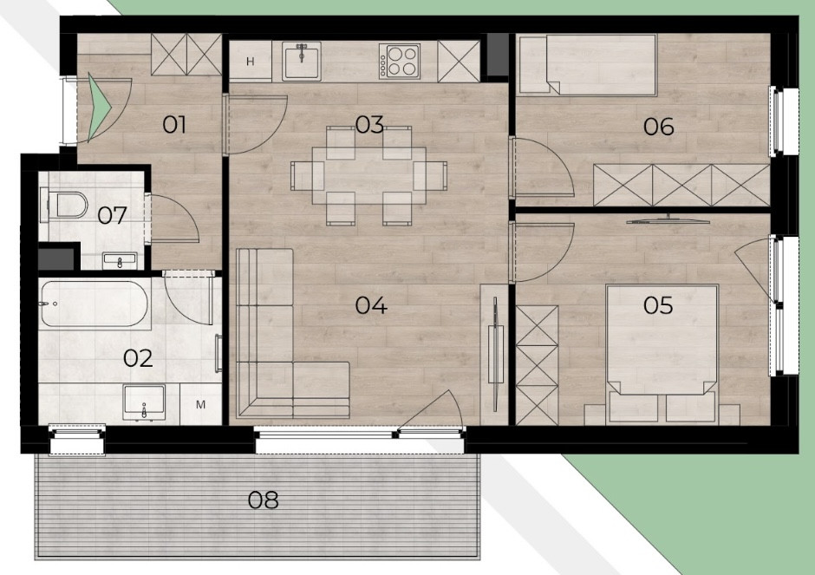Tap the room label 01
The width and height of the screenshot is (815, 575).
coord(174,125)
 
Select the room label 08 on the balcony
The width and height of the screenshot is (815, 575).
coord(263,500)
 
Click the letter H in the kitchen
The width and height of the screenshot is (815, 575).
coord(250,62)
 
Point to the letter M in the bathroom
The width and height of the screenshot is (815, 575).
coord(200,404)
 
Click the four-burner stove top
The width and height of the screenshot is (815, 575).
coord(399,62)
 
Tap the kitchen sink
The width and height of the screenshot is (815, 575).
coord(302,62)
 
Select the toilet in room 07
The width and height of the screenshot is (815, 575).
coord(63,206)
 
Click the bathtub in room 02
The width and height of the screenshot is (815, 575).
coord(95,304)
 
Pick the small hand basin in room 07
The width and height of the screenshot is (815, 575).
coord(120,260)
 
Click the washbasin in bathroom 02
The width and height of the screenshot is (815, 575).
coord(144,402)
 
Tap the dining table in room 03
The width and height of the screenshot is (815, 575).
coord(368,176)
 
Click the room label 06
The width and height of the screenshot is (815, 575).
coord(658,127)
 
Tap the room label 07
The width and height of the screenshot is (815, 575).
coord(112,215)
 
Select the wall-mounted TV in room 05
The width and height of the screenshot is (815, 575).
coord(668,220)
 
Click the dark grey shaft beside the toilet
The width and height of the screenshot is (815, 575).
coord(57,259)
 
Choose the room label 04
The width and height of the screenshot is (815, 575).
coord(370,305)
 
